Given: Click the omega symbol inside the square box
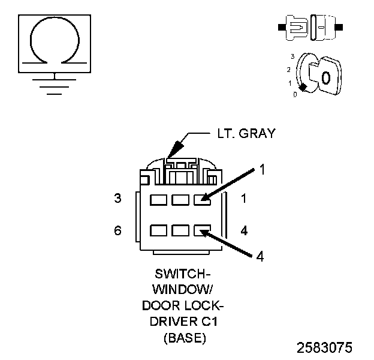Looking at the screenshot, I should [x=55, y=41].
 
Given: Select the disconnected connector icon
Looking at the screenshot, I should [x=310, y=28].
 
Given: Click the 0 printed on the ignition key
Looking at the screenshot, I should [x=325, y=77].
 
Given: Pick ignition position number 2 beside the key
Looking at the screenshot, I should [x=289, y=70].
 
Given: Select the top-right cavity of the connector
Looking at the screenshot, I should [x=202, y=199].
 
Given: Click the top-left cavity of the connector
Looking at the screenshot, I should [x=159, y=199].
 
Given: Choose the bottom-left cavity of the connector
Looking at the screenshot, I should [x=159, y=229].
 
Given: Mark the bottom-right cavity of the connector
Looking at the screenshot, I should [x=202, y=229].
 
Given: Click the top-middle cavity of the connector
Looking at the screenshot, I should [x=180, y=199].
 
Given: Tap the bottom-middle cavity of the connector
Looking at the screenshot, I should [x=180, y=229].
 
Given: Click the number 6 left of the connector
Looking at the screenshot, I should [x=117, y=230].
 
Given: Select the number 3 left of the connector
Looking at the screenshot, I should [x=117, y=198].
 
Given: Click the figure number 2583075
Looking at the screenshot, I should [x=324, y=347].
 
